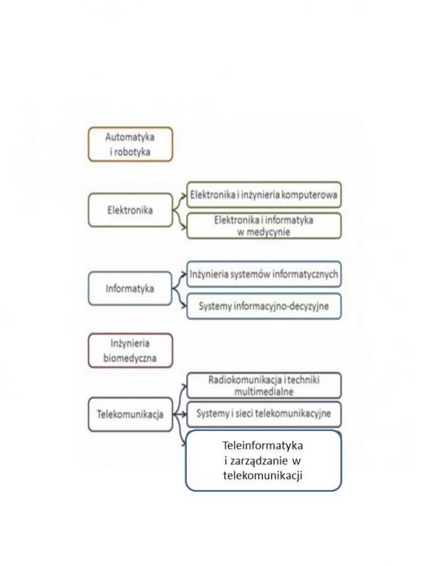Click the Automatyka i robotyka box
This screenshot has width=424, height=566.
pos(130,144)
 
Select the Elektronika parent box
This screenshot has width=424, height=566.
pos(130,210)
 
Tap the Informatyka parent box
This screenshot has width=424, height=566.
pos(130,288)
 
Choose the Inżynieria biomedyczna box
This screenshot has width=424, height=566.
pos(130,350)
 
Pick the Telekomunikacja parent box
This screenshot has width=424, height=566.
pos(130,414)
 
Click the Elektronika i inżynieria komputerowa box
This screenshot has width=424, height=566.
pos(264,195)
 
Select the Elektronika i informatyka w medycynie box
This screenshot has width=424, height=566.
pos(264,226)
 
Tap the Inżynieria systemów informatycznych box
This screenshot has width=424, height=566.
pos(264,274)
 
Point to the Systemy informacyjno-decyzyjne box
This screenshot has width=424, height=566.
pos(264,306)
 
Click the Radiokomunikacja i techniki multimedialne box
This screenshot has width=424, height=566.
pos(264,385)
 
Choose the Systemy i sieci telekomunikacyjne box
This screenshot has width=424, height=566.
pos(264,414)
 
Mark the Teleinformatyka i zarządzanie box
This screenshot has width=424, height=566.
pos(264,461)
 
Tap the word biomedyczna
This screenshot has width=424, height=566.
pos(130,358)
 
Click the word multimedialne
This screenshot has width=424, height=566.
pos(264,392)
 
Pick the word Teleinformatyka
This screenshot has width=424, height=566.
pos(263,446)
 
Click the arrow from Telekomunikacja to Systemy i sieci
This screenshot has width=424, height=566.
pos(180,414)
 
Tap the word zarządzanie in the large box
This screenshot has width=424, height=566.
pos(257,461)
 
